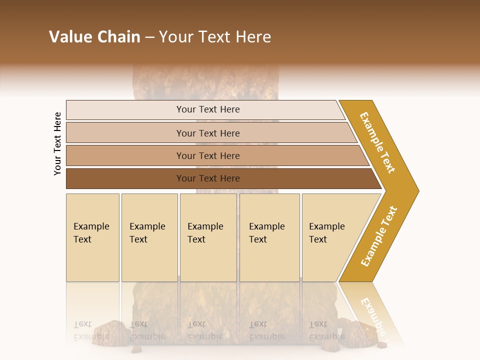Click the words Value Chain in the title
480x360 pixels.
coord(94,37)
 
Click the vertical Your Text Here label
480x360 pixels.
coord(57,143)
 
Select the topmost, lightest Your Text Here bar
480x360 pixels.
coord(208,109)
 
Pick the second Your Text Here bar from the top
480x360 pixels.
coord(208,133)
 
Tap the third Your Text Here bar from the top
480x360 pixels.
coord(208,155)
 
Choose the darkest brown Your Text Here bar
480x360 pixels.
coord(208,178)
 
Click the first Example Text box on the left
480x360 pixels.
coord(92,237)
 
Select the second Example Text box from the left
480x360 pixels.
coord(149,237)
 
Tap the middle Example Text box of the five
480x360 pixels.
coord(208,237)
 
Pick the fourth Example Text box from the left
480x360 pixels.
coord(269,237)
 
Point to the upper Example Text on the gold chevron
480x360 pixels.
coord(378,142)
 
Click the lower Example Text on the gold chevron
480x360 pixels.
coord(379,236)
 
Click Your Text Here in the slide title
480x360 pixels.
coord(215,37)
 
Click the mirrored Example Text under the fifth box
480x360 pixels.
coord(326,330)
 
